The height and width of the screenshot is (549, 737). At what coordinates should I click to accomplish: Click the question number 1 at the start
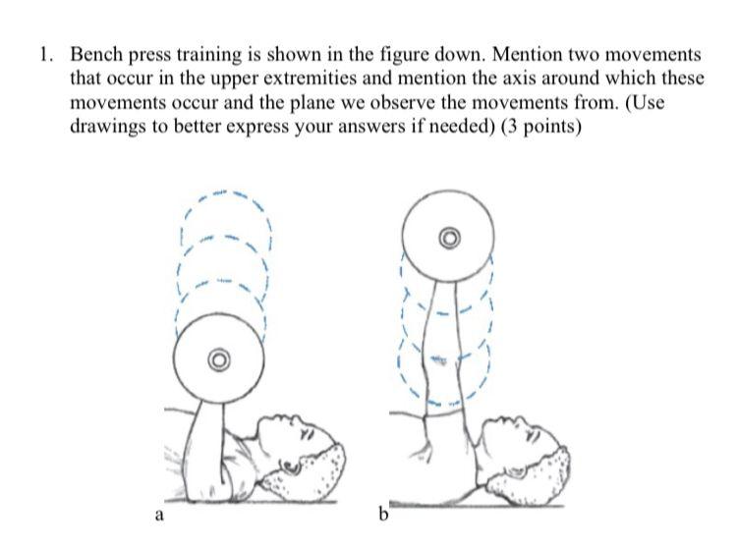pyautogui.click(x=43, y=55)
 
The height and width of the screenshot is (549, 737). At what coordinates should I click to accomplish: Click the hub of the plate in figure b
pyautogui.click(x=448, y=238)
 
